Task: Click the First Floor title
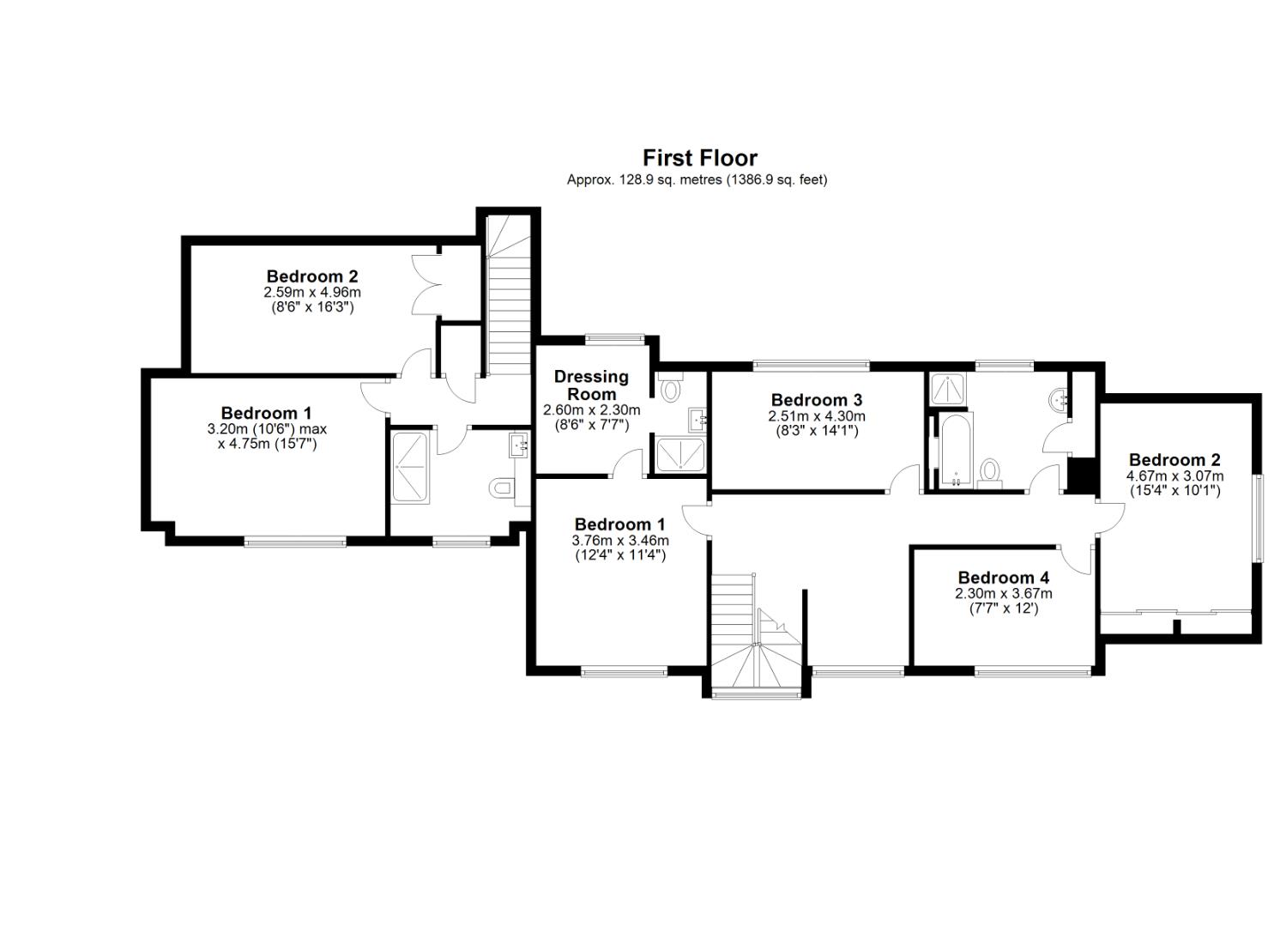coord(700,158)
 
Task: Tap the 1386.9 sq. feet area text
coord(776,180)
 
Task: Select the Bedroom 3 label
coord(816,400)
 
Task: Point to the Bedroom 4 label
coord(1003,578)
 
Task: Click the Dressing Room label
coord(591,385)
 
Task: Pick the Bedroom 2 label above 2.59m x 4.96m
coord(312,276)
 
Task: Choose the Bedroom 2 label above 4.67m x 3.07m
coord(1174,460)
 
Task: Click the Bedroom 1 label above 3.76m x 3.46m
coord(619,524)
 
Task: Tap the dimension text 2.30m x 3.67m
coord(1003,594)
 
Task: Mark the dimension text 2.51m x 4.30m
coord(816,416)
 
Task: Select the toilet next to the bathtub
coord(991,472)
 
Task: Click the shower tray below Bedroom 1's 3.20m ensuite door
coord(411,468)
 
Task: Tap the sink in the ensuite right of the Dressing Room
coord(697,420)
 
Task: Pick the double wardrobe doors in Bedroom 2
coord(426,283)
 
